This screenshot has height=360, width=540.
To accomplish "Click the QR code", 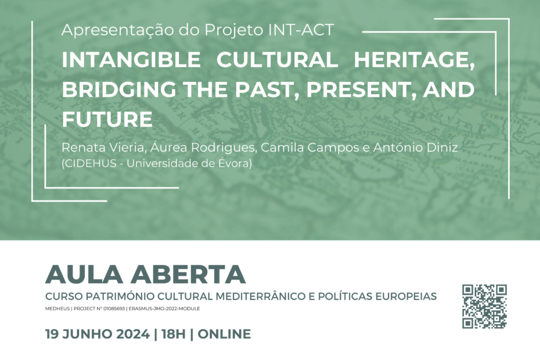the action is (x=484, y=306).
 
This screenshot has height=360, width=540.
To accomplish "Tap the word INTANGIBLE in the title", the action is (x=131, y=60).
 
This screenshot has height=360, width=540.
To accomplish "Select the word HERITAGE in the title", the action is (x=414, y=60).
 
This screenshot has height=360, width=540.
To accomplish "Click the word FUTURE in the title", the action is (x=107, y=119).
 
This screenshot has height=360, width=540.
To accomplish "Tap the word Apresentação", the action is (x=117, y=31).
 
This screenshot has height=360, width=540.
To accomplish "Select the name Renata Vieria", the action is (x=102, y=147).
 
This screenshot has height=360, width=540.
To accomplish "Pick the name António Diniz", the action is (x=416, y=147).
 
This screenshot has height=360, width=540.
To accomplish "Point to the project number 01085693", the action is (x=114, y=309).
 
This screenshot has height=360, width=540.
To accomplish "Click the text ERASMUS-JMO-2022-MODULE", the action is (x=164, y=309).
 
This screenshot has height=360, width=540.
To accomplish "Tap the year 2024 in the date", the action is (x=132, y=334).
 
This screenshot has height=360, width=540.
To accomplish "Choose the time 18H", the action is (x=174, y=334).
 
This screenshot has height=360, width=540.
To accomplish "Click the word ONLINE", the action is (x=224, y=334).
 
